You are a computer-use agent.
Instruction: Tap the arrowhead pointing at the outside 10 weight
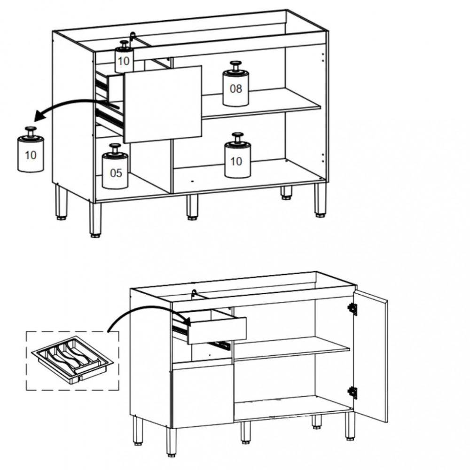39,116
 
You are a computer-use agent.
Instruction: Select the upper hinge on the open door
352,309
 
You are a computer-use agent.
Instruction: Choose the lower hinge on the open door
352,392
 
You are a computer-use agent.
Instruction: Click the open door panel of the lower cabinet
371,355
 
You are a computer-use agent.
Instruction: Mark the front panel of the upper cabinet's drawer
163,104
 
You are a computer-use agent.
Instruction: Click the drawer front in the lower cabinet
217,330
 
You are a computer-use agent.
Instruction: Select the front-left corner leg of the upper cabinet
95,219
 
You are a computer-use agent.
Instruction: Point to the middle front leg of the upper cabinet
192,207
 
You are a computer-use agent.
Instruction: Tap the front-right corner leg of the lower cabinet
350,426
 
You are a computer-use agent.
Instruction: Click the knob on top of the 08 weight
235,66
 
